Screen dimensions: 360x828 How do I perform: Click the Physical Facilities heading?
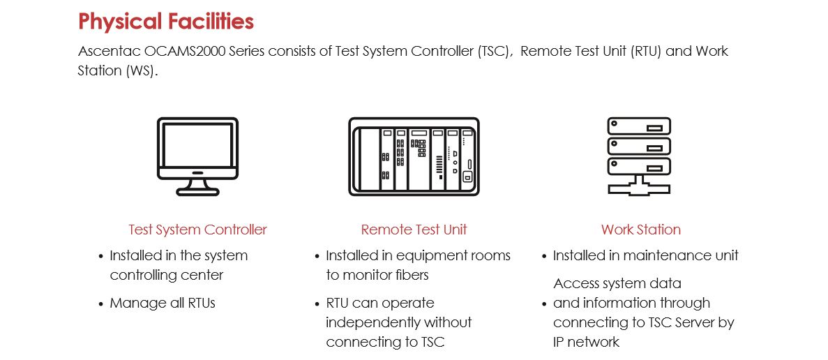[166, 22]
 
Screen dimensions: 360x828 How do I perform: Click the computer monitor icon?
[197, 156]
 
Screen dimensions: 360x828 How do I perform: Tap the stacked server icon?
[639, 156]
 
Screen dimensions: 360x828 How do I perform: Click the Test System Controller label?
[197, 230]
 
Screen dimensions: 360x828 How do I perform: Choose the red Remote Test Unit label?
[414, 230]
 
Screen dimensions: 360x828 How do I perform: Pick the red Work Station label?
[640, 230]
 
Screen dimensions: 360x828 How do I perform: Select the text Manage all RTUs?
[163, 303]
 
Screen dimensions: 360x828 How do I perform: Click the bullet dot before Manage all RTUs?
[101, 304]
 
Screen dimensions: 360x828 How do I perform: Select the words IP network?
[586, 343]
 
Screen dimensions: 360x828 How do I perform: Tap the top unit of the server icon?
[639, 127]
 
